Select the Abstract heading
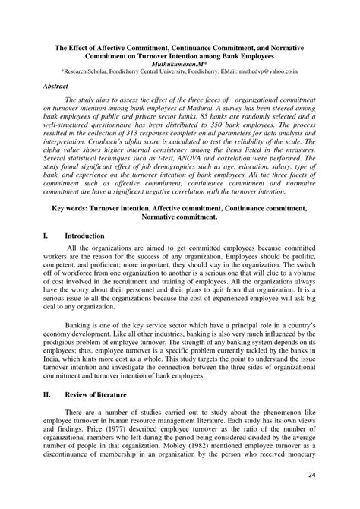(x=56, y=87)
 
